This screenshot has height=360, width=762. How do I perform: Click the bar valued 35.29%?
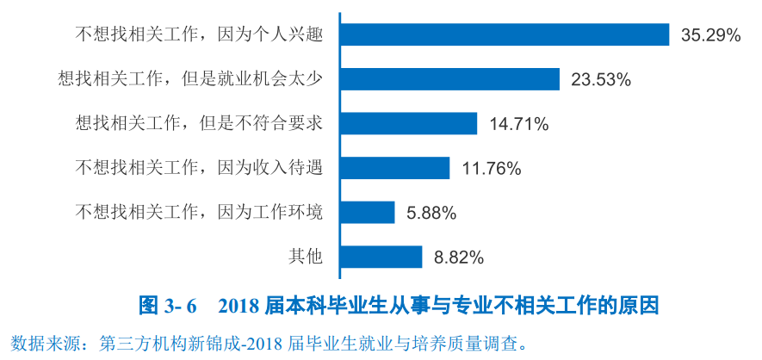click(504, 34)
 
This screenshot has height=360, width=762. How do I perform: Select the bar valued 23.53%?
click(449, 79)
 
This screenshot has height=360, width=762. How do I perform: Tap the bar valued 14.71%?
click(408, 123)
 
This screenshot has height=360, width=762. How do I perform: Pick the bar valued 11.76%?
click(394, 168)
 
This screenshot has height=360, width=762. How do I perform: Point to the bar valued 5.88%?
click(367, 212)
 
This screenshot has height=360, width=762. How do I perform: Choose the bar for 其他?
click(381, 257)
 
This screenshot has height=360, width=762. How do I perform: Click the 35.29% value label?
click(710, 35)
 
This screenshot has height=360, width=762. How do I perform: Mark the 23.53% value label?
click(601, 80)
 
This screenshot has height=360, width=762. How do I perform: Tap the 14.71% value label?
click(519, 124)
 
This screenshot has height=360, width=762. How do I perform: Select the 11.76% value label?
click(492, 169)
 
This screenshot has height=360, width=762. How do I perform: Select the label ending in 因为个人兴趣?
click(199, 35)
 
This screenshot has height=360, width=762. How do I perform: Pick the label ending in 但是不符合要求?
click(199, 123)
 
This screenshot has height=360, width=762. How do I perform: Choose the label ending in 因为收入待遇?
click(199, 168)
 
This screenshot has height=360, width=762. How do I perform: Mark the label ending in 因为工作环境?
click(199, 212)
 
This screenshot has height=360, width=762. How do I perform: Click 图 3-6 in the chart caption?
click(168, 306)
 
